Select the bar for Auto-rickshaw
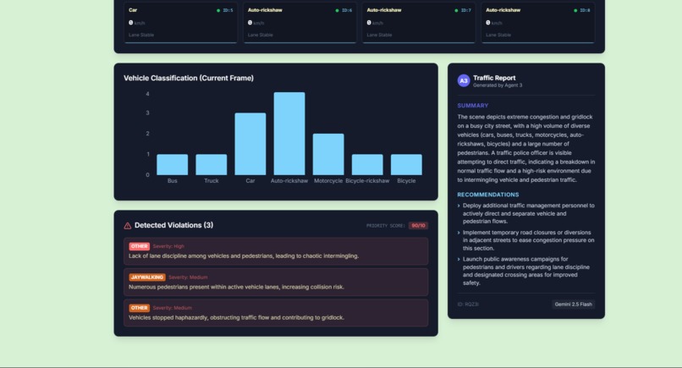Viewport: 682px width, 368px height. (289, 134)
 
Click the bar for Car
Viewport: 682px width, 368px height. (250, 144)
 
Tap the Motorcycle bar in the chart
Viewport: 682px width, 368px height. (328, 154)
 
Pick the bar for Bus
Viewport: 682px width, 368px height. (173, 164)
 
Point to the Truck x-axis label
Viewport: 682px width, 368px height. (212, 181)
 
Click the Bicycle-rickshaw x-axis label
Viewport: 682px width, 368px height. (367, 181)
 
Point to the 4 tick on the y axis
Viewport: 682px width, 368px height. (147, 94)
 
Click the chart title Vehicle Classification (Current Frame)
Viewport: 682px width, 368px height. (189, 78)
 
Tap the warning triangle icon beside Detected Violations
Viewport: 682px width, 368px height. (128, 226)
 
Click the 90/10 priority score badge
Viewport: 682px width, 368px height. (418, 226)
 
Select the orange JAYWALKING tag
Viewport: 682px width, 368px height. (147, 277)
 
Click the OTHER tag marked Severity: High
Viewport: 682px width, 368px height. (139, 246)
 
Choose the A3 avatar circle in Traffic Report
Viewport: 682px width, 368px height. (464, 80)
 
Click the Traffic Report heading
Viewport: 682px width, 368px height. (494, 78)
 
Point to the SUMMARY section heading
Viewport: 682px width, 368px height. (473, 106)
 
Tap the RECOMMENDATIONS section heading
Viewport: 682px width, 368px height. (488, 195)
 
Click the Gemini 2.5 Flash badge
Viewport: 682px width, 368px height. (574, 304)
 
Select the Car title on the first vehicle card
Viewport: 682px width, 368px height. (133, 10)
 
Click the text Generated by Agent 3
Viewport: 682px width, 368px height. (498, 85)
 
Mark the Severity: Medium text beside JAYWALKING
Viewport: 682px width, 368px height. (188, 277)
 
